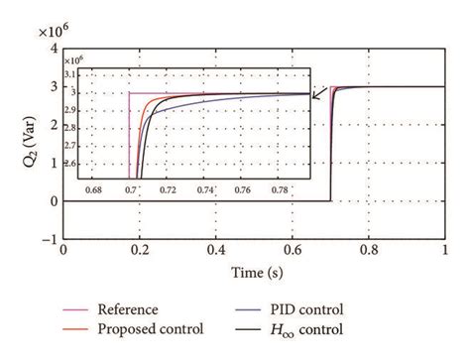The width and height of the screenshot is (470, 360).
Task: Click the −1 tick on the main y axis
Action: click(47, 239)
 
